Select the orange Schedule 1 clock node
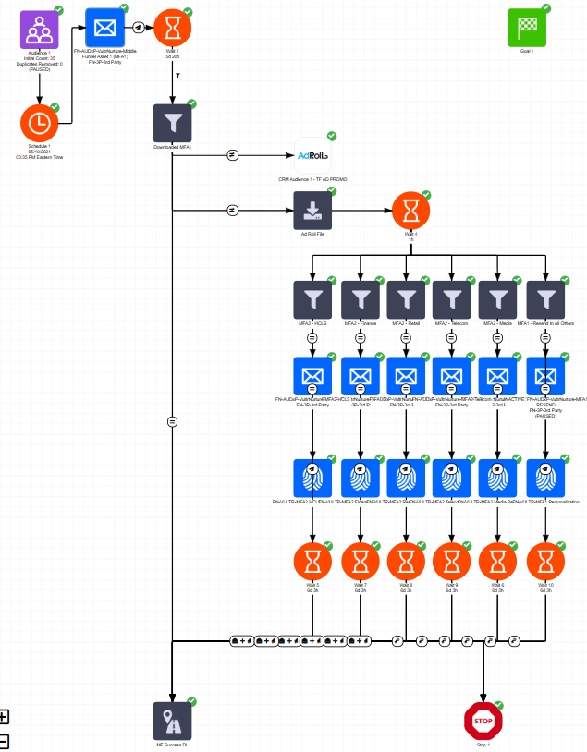click(40, 122)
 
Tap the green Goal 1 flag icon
click(527, 28)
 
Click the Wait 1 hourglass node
click(173, 28)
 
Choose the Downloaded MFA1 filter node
click(173, 123)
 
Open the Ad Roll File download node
click(312, 211)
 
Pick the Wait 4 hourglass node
click(410, 211)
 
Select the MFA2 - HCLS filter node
click(312, 299)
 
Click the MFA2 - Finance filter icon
click(360, 299)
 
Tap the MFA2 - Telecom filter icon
click(452, 299)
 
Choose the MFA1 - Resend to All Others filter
click(545, 299)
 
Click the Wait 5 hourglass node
click(312, 561)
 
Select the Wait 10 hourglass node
click(545, 561)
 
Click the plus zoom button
click(4, 716)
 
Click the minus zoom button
click(4, 740)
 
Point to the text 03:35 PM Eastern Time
click(40, 157)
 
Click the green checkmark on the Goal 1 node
click(545, 8)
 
